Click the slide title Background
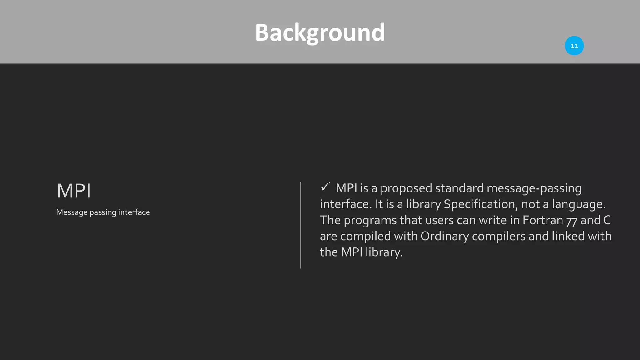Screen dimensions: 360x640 click(x=320, y=32)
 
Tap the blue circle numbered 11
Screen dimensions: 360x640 click(x=574, y=46)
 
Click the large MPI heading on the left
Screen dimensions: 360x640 click(x=74, y=191)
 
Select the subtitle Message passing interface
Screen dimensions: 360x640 click(x=103, y=212)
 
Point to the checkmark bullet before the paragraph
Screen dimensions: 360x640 click(x=325, y=187)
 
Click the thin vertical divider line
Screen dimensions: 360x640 click(x=301, y=225)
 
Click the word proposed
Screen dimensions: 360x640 click(x=406, y=188)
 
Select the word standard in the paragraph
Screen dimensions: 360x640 click(x=459, y=188)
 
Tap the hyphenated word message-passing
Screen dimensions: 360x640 click(x=534, y=188)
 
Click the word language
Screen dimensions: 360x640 click(x=578, y=204)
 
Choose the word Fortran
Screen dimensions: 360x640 click(x=542, y=220)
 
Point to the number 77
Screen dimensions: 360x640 click(x=572, y=221)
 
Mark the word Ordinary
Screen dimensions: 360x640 click(x=444, y=236)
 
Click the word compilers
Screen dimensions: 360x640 click(x=498, y=236)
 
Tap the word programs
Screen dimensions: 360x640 click(x=370, y=220)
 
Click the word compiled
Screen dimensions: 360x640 click(x=365, y=236)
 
